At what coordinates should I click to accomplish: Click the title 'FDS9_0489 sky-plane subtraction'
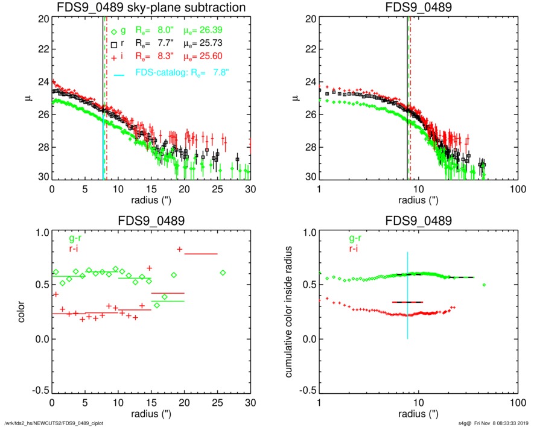point(150,8)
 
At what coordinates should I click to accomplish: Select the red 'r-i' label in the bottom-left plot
point(75,250)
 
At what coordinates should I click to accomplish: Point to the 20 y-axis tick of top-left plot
point(42,19)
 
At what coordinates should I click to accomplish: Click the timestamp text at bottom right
point(491,423)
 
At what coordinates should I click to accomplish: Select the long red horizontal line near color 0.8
point(200,254)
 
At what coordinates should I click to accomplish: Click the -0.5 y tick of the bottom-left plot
point(39,391)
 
